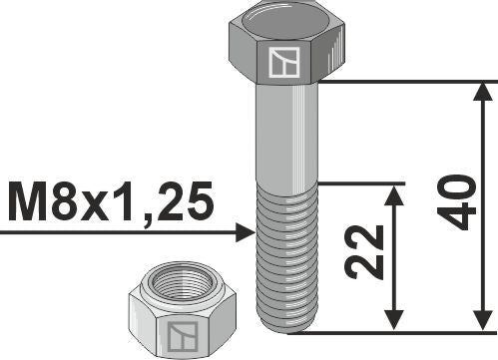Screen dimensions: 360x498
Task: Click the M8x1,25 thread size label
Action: pos(110,203)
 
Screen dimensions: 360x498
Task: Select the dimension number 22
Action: pos(369,252)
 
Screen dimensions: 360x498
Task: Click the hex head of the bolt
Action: pos(286,50)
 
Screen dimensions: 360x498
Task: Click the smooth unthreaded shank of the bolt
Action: pos(286,135)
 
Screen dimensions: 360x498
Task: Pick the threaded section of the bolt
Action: pos(286,254)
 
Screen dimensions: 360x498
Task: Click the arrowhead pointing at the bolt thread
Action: pos(247,233)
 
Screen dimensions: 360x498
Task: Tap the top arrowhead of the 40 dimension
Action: pos(484,92)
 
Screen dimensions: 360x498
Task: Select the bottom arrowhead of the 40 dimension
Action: pos(484,321)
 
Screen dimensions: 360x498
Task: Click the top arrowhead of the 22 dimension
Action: pos(396,193)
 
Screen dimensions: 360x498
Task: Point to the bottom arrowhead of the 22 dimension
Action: pos(396,321)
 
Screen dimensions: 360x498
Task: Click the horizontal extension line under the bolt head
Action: pos(399,82)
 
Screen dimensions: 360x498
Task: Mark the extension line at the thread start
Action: pos(359,183)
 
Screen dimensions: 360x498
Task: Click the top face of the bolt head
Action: pos(286,22)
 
